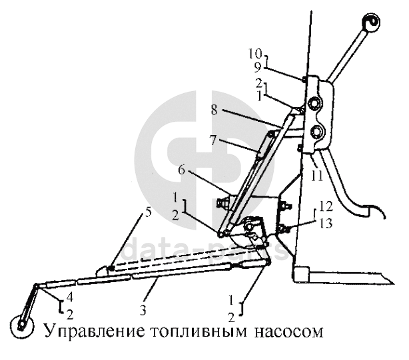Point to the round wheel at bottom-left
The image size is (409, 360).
pos(22,326)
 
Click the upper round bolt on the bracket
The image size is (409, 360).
pos(312,105)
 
